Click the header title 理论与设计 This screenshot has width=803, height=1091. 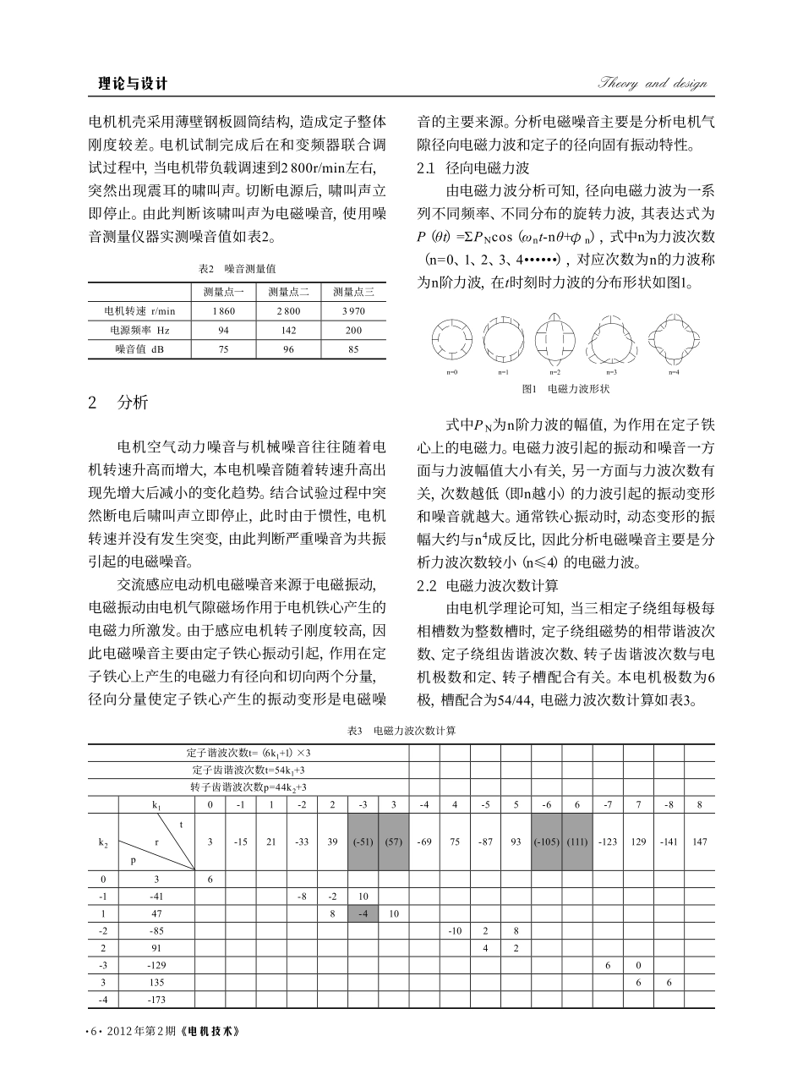tap(133, 84)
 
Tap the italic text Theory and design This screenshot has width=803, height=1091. tap(652, 83)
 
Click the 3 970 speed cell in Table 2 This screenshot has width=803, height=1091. tap(353, 311)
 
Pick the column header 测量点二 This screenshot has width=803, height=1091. tap(290, 292)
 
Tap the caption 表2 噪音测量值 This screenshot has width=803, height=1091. tap(237, 268)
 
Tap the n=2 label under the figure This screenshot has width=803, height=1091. tap(554, 372)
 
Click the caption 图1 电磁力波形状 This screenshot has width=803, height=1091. tap(565, 388)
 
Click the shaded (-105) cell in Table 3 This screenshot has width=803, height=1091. tap(546, 842)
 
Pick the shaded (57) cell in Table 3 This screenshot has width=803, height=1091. tap(393, 842)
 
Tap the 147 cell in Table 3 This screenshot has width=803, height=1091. tap(699, 842)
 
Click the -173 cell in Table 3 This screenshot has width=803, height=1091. tap(156, 1000)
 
